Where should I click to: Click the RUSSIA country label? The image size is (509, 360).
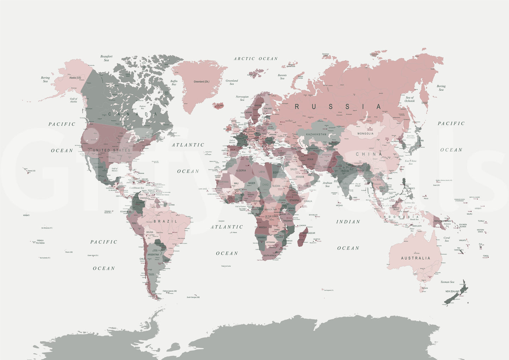338,107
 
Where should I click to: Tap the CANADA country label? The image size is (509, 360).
132,114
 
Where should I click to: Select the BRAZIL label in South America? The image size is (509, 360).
165,221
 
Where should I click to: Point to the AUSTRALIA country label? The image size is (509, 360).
416,258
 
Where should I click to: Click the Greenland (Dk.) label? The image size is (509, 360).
201,82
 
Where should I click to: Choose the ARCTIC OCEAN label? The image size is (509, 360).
256,59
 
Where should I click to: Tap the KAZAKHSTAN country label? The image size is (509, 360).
316,134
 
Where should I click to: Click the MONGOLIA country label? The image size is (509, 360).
365,134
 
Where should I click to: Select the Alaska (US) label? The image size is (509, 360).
75,78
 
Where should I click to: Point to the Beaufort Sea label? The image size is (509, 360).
106,58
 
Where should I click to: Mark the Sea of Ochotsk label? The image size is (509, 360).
410,99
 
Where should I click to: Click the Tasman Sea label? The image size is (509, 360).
447,282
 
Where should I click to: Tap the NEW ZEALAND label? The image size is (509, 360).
452,291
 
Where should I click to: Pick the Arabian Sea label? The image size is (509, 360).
327,184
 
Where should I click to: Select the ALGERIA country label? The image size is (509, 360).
241,171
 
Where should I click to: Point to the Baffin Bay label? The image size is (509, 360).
174,83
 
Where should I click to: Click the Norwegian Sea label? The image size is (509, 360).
242,98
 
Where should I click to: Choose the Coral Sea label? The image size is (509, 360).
447,239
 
